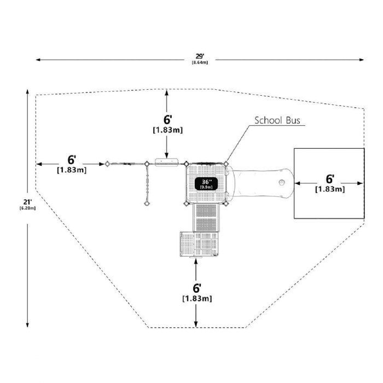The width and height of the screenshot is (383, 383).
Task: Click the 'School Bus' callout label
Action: [x=277, y=121]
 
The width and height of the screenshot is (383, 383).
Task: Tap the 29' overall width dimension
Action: [x=200, y=56]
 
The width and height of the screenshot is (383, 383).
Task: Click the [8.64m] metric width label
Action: [x=200, y=62]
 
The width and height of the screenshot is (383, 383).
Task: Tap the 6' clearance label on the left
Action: [x=71, y=160]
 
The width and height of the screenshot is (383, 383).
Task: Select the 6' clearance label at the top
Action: [x=168, y=120]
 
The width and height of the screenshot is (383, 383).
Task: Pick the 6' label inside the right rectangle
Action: [x=330, y=179]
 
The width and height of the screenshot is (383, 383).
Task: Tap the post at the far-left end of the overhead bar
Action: [x=108, y=163]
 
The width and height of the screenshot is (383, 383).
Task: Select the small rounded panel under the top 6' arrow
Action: [x=167, y=161]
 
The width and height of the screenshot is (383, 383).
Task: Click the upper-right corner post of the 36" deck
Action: [x=226, y=163]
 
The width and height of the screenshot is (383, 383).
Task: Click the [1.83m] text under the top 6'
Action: [x=167, y=130]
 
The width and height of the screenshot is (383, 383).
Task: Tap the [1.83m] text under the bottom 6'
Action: [x=197, y=299]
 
